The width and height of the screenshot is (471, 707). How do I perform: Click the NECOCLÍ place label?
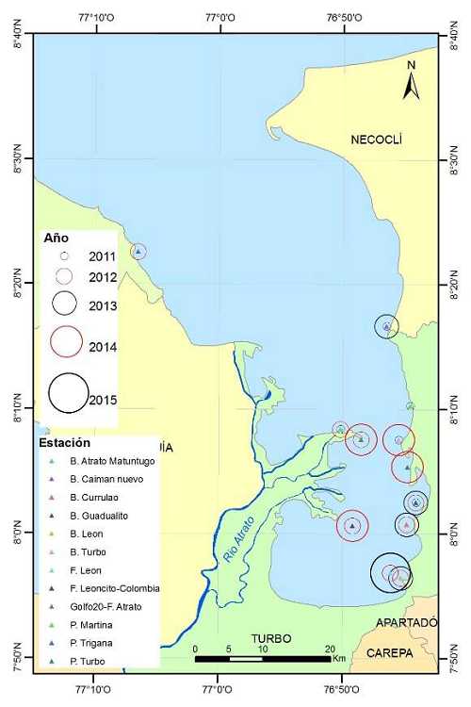pos(376,140)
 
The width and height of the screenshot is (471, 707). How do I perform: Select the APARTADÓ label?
pos(407,623)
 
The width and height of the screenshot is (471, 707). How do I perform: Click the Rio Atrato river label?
pos(238,539)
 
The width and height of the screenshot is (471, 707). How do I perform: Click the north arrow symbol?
pos(411,80)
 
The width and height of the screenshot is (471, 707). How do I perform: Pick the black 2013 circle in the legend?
pos(65,304)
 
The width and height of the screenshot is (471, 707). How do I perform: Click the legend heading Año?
pos(57,238)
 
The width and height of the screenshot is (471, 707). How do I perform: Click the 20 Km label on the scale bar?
pos(335,649)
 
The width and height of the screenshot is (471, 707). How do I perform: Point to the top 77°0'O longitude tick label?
pos(219,16)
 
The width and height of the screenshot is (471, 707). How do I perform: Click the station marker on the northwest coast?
pos(138,251)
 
